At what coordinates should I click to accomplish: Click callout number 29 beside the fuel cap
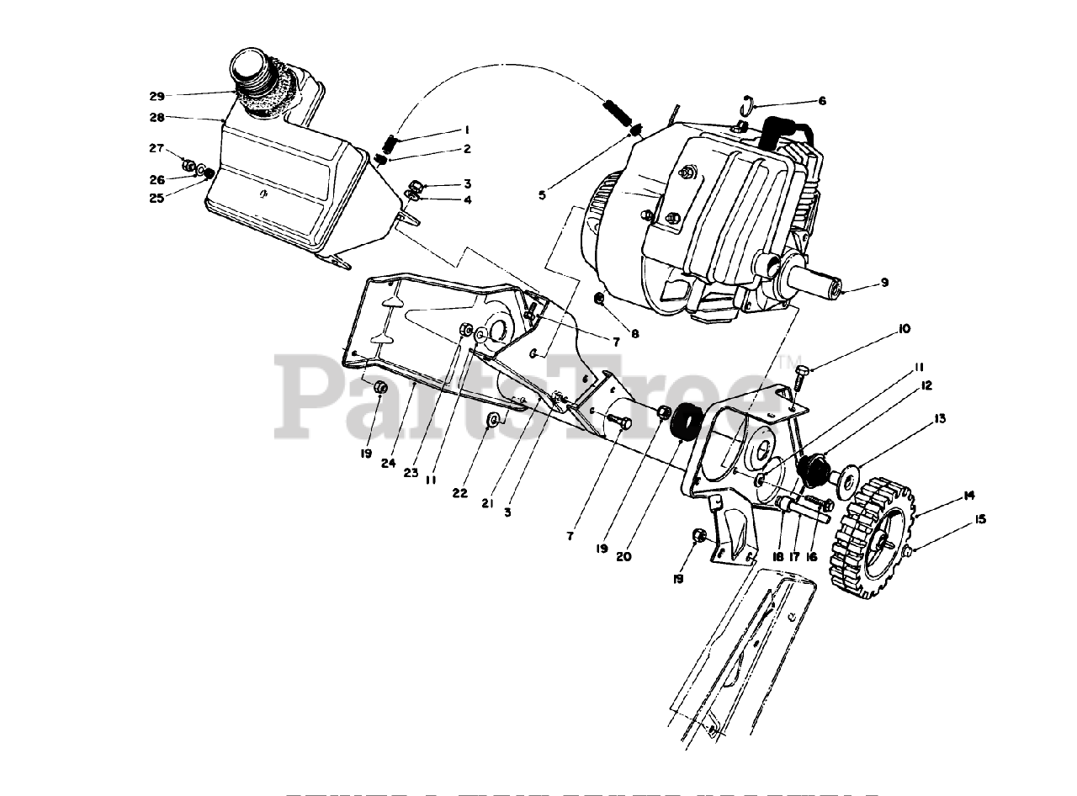pyautogui.click(x=157, y=96)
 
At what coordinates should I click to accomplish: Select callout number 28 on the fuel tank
pyautogui.click(x=157, y=118)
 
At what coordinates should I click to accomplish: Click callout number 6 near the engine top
pyautogui.click(x=821, y=101)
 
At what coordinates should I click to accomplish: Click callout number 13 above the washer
pyautogui.click(x=939, y=418)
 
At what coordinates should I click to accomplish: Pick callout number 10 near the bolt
pyautogui.click(x=904, y=329)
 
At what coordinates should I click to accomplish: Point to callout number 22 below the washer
pyautogui.click(x=459, y=493)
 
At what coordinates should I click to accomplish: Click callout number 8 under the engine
pyautogui.click(x=634, y=334)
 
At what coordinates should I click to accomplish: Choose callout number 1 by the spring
pyautogui.click(x=464, y=130)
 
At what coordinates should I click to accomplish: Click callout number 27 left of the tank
pyautogui.click(x=157, y=149)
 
